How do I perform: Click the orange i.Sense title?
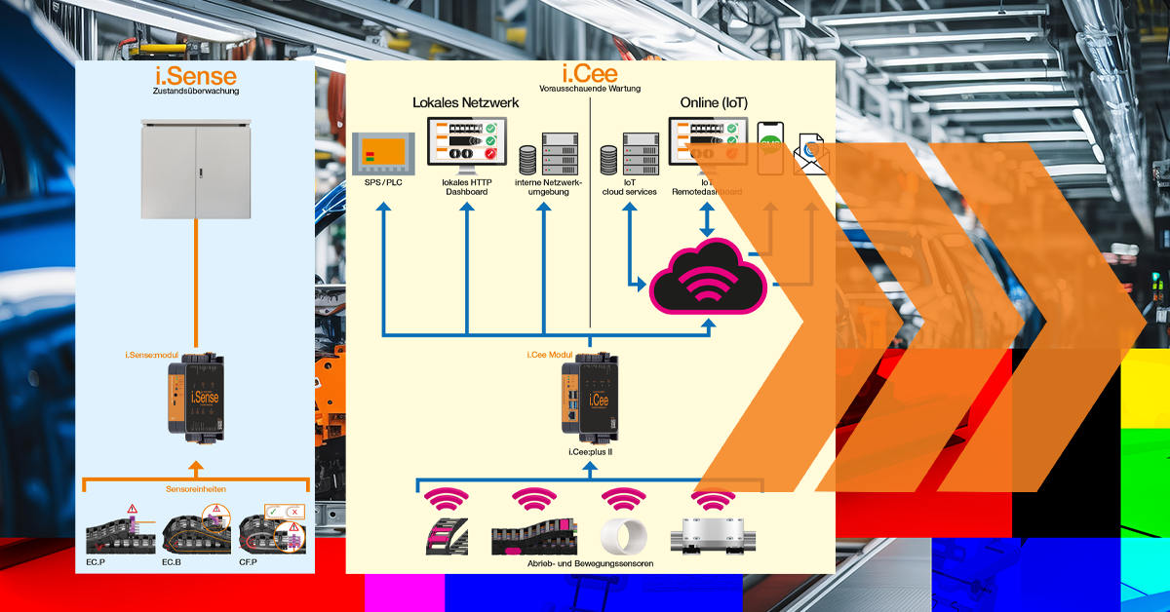pyautogui.click(x=195, y=75)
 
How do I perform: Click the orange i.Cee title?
pyautogui.click(x=590, y=75)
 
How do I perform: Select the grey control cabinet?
pyautogui.click(x=195, y=167)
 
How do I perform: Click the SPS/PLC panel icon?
pyautogui.click(x=382, y=153)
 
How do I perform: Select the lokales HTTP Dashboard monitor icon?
pyautogui.click(x=466, y=145)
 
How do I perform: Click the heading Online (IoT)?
pyautogui.click(x=714, y=102)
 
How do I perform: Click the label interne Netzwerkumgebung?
pyautogui.click(x=549, y=187)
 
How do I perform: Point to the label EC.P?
pyautogui.click(x=95, y=562)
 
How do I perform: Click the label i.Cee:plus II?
pyautogui.click(x=590, y=452)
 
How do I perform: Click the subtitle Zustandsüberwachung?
pyautogui.click(x=195, y=92)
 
